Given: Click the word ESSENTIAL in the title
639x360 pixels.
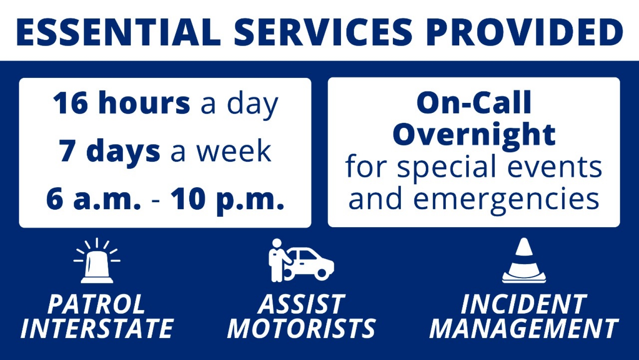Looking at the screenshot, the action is (x=118, y=32).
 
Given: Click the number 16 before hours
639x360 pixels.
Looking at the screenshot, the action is (x=70, y=103).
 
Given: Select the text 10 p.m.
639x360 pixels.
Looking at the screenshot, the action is (x=227, y=201).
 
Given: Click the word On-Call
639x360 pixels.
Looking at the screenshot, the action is (x=474, y=102).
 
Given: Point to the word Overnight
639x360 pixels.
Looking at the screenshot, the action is (x=474, y=135).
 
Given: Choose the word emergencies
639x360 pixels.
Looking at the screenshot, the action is (x=506, y=200).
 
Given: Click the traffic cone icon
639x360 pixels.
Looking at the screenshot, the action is (x=524, y=260).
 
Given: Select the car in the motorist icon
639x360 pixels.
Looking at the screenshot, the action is (x=310, y=264).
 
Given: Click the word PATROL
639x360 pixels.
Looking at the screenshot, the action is (x=97, y=304).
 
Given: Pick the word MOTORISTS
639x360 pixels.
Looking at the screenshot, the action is (x=301, y=329).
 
